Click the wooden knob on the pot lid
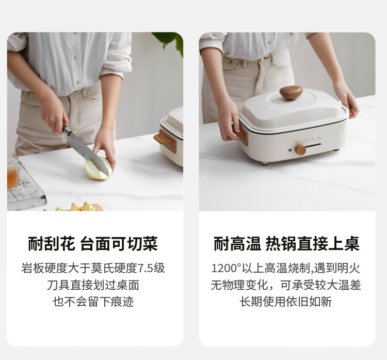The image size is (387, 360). click(x=291, y=92)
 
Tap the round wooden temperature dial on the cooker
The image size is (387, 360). click(x=300, y=149)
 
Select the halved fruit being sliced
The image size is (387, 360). click(x=98, y=168)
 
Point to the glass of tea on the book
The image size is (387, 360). click(x=12, y=171)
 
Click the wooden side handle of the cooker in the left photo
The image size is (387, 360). click(x=166, y=140)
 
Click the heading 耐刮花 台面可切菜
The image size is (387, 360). click(x=93, y=244)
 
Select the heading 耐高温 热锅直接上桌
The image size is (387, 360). click(x=286, y=244)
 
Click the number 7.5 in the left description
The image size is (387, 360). click(x=146, y=268)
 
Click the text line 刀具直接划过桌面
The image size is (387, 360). click(x=93, y=285)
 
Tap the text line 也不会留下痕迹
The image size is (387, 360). click(x=93, y=302)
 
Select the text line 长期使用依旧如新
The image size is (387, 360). click(x=285, y=302)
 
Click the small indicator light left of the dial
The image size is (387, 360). click(x=291, y=150)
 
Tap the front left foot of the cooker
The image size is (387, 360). click(x=264, y=163)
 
